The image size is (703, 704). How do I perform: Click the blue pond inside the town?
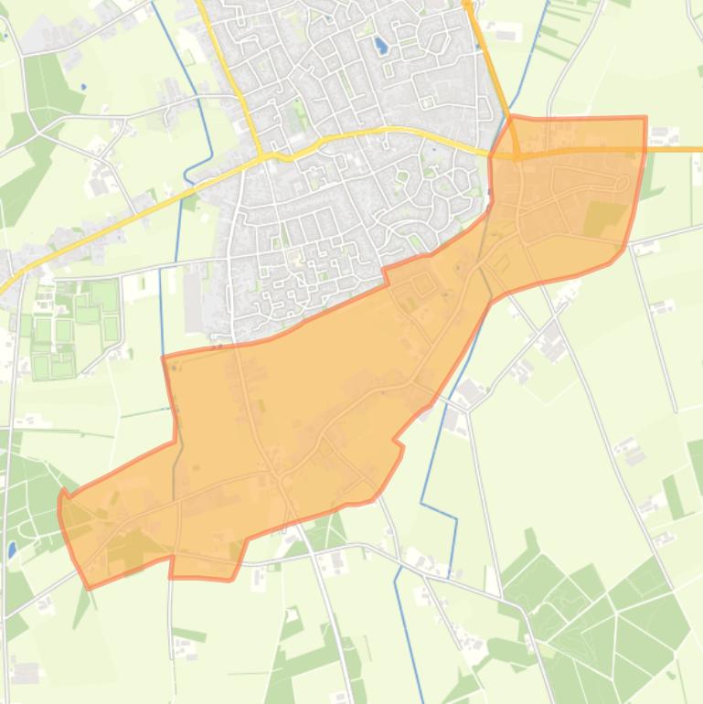380,44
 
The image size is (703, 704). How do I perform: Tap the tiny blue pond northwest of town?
82,87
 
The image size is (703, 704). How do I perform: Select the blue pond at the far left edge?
11,549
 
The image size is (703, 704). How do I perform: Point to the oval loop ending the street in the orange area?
622,183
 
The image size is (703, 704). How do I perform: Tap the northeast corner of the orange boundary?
645,118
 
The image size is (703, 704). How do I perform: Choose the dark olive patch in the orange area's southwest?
128,547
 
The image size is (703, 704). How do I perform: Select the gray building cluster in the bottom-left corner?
22,673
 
